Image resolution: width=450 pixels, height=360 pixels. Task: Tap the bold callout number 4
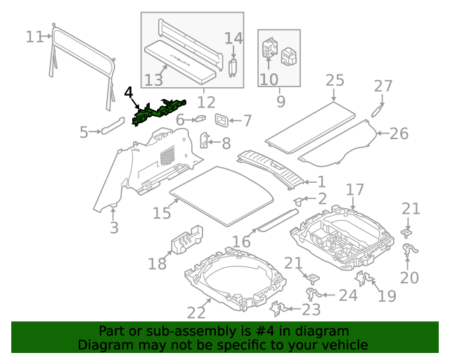pyautogui.click(x=129, y=93)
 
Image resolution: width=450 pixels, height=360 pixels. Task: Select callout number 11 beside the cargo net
pyautogui.click(x=34, y=37)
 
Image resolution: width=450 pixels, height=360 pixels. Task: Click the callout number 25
pyautogui.click(x=335, y=80)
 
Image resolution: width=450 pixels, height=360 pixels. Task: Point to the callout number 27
pyautogui.click(x=383, y=86)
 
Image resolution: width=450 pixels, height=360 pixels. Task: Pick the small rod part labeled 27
pyautogui.click(x=378, y=111)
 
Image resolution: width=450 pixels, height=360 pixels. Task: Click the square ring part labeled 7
pyautogui.click(x=222, y=120)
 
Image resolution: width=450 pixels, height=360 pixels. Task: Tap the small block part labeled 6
pyautogui.click(x=201, y=119)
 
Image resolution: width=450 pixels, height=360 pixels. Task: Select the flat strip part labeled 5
pyautogui.click(x=112, y=125)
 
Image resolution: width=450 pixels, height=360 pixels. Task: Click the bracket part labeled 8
pyautogui.click(x=204, y=141)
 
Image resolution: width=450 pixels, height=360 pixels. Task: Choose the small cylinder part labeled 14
pyautogui.click(x=233, y=67)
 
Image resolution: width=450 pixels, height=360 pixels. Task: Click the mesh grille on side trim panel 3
pyautogui.click(x=167, y=155)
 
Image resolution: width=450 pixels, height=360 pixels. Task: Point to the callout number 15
pyautogui.click(x=162, y=213)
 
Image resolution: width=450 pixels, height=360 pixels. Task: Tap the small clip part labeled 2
pyautogui.click(x=299, y=201)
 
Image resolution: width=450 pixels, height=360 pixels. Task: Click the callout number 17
pyautogui.click(x=355, y=189)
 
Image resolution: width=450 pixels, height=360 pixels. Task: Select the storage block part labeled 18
pyautogui.click(x=187, y=240)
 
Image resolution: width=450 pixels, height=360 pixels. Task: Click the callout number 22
pyautogui.click(x=196, y=313)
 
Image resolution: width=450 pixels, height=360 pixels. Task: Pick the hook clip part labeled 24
pyautogui.click(x=313, y=294)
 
